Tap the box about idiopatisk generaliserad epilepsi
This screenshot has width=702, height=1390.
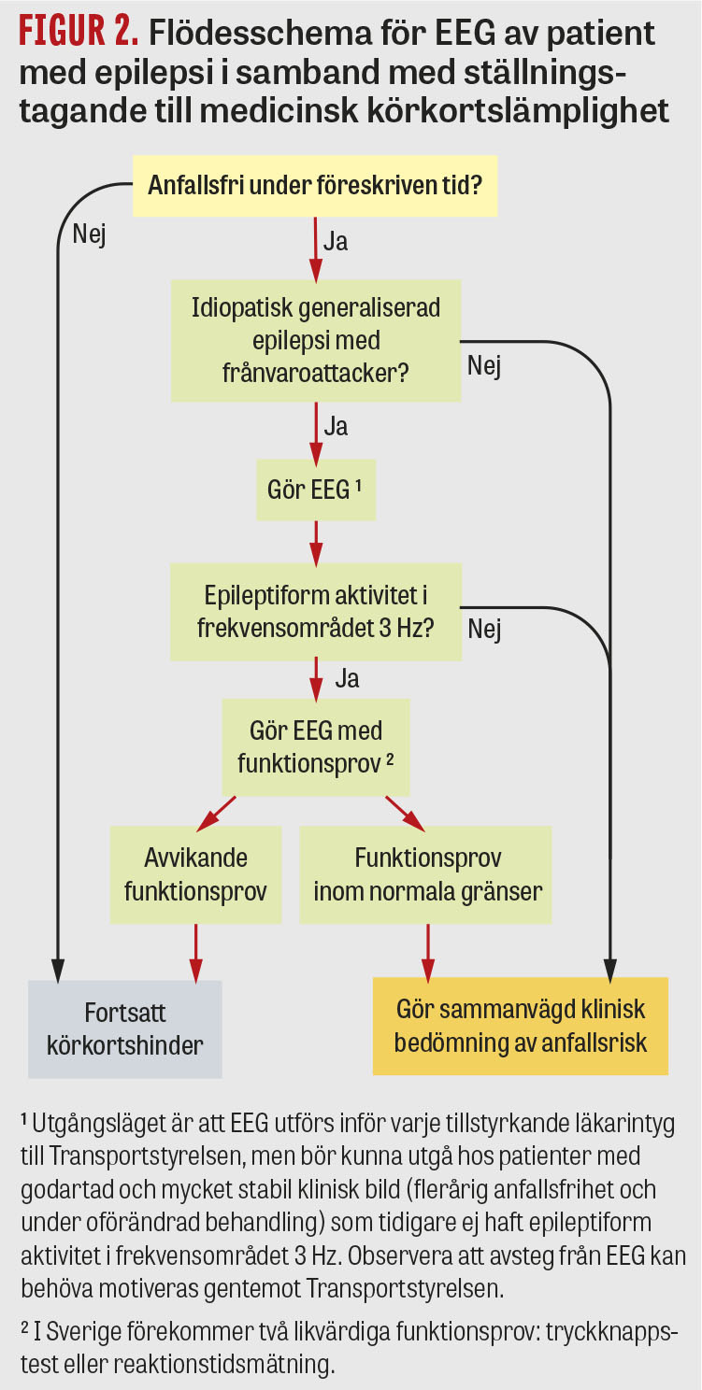coord(316,341)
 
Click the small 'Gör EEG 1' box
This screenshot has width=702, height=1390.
coord(316,489)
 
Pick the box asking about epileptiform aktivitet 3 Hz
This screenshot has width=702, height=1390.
coord(316,611)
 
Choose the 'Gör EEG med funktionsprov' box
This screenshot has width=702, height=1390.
coord(316,745)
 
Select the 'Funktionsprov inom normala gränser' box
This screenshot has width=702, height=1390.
coord(427,874)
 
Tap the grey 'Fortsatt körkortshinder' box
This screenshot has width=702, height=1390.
coord(125,1028)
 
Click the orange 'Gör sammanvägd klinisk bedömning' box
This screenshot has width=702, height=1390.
coord(521,1025)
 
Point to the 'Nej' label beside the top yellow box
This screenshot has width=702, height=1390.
coord(89,234)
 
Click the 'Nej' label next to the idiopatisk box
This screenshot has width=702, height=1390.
coord(484,366)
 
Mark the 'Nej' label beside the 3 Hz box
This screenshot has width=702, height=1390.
coord(484,629)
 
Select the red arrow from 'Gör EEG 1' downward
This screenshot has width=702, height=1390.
coord(316,540)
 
